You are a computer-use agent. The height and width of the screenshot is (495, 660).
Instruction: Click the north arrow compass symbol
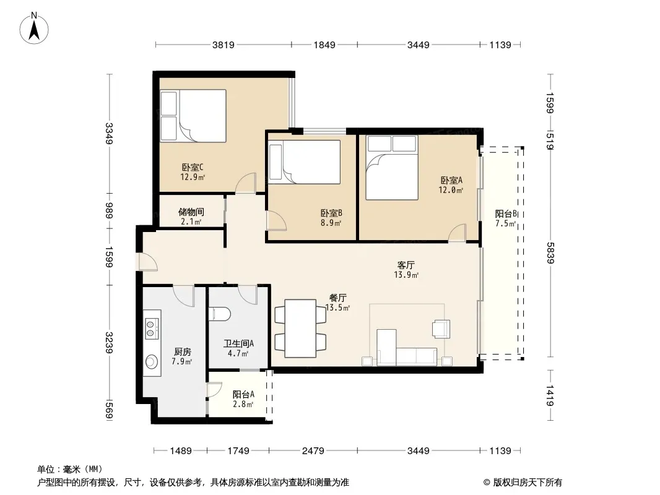(x=34, y=28)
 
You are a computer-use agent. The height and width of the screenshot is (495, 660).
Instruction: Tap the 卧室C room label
(x=193, y=168)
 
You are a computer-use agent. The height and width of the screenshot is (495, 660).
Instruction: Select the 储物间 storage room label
(x=191, y=212)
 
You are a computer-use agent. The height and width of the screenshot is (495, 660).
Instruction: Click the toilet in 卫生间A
(x=220, y=314)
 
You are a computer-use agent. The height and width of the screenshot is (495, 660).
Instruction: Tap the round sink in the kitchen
(x=152, y=362)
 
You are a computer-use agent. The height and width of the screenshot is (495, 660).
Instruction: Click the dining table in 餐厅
(x=300, y=329)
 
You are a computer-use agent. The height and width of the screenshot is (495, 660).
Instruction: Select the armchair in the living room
(x=441, y=329)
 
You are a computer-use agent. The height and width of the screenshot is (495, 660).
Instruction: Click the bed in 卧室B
(x=305, y=162)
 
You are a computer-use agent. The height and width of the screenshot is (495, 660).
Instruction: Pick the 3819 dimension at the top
(x=223, y=45)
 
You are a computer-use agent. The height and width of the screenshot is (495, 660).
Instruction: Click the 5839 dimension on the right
(x=550, y=252)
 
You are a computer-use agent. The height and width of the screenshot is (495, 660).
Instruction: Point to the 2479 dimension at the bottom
(x=313, y=451)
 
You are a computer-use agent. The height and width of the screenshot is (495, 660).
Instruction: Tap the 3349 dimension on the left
(x=109, y=133)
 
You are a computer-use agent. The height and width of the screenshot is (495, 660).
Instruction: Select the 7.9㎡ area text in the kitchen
(x=182, y=362)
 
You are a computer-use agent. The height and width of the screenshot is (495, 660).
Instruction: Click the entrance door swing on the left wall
(x=148, y=261)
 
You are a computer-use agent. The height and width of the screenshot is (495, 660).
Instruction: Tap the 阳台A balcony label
(x=243, y=395)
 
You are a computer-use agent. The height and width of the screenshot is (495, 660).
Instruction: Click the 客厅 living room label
(x=406, y=265)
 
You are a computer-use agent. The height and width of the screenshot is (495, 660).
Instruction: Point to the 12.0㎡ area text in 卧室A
(x=451, y=190)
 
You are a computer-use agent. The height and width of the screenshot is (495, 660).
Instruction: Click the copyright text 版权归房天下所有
(x=528, y=483)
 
